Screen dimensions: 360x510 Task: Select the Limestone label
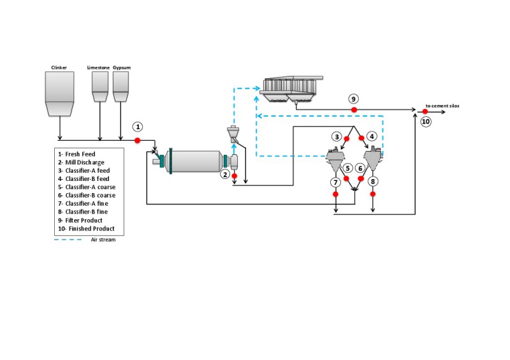[99, 66]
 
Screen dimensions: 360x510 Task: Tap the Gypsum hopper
[120, 85]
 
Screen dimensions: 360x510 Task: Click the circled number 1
[137, 126]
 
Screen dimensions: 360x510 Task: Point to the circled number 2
[224, 174]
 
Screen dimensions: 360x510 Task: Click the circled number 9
[354, 98]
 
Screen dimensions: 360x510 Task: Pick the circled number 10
[426, 120]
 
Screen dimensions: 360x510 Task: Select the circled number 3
[337, 136]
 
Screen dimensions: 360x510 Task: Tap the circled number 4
[372, 136]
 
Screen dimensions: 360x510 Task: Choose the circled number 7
[336, 182]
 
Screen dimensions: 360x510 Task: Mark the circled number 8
[373, 182]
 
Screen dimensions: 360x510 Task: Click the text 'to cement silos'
[442, 106]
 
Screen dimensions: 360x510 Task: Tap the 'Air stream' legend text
[103, 240]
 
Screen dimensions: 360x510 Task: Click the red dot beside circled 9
[354, 110]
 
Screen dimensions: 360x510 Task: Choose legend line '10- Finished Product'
[85, 229]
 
